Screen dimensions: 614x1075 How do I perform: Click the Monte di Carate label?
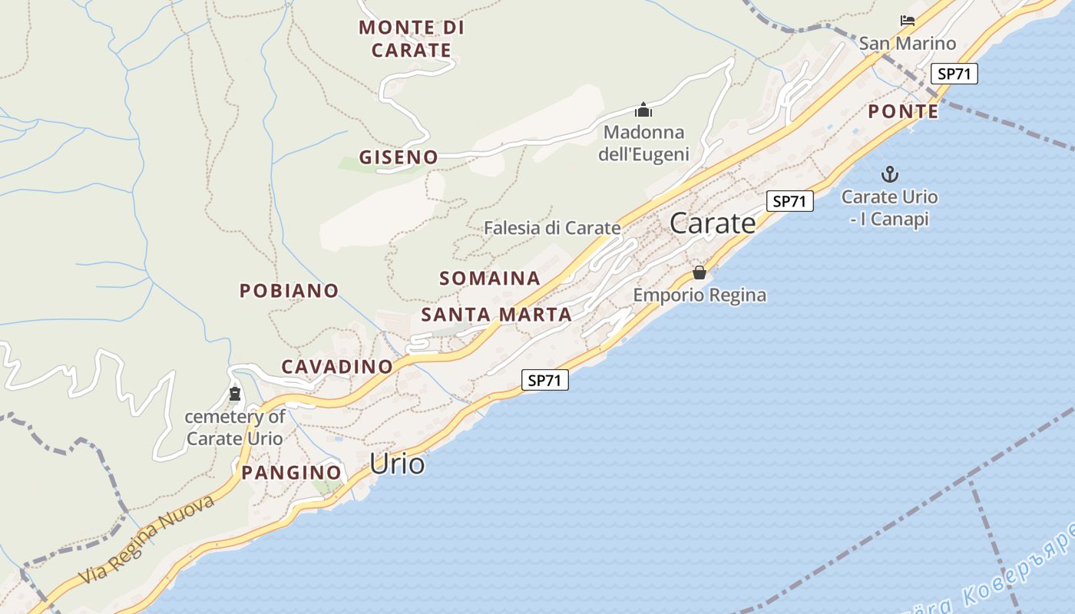coord(412,39)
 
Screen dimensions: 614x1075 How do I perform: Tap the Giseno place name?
coord(399,157)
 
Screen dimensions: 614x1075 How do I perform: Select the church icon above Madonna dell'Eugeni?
coord(643,110)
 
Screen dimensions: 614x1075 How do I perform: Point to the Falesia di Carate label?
coord(552,228)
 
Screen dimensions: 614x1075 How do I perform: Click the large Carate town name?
coord(713,223)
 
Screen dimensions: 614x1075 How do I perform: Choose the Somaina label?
coord(490,278)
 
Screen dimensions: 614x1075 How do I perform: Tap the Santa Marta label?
coord(497,315)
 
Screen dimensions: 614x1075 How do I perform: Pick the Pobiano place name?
coord(289,291)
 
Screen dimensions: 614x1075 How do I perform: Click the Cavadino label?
coord(337,367)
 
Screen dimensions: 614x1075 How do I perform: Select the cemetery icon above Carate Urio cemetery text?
coord(235,394)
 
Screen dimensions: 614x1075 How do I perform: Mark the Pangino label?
coord(291,473)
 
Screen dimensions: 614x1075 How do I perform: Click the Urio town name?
coord(397,464)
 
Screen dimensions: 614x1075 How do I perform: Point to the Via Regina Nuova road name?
coord(146,540)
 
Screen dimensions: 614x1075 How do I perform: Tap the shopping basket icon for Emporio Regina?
coord(700,272)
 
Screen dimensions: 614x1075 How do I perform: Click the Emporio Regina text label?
coord(700,295)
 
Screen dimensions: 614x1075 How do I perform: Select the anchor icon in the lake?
coord(890,174)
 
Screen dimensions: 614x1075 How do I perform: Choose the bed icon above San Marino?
coord(908,21)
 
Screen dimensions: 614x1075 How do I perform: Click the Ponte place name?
coord(903,112)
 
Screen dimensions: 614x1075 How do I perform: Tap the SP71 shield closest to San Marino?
coord(954,74)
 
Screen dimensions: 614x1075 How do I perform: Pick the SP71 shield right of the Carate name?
coord(790,201)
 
